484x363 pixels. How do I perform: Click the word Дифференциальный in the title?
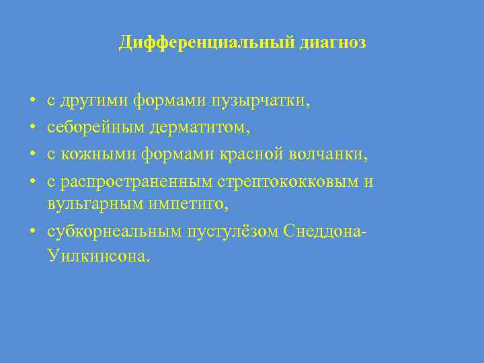pos(204,43)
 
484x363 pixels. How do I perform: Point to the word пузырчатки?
pos(268,102)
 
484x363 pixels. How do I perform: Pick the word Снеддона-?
pos(325,232)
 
